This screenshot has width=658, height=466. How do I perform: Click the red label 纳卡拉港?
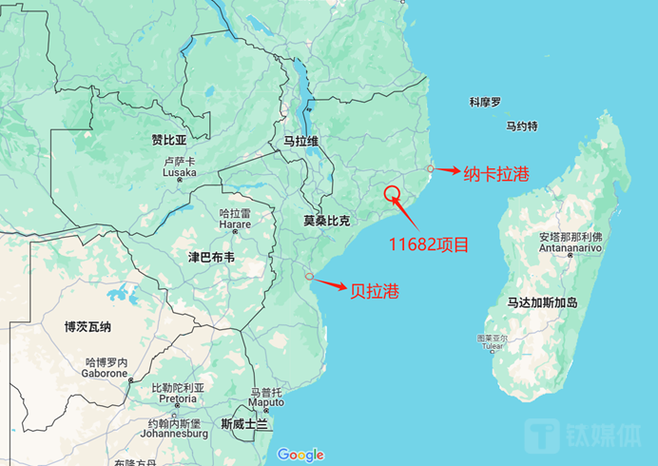pos(495,175)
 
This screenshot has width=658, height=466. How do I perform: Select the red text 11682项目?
pos(429,244)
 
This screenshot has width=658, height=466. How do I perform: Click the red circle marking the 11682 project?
pos(393,194)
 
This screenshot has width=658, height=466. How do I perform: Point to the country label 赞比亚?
pos(169,140)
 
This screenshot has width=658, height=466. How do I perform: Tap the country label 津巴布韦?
pos(211,257)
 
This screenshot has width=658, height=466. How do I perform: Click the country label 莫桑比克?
pos(326,221)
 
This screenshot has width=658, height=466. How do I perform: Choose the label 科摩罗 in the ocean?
pos(485,102)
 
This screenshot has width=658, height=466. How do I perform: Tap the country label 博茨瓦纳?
pos(87,326)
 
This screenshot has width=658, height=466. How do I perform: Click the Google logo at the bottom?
pos(300,455)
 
